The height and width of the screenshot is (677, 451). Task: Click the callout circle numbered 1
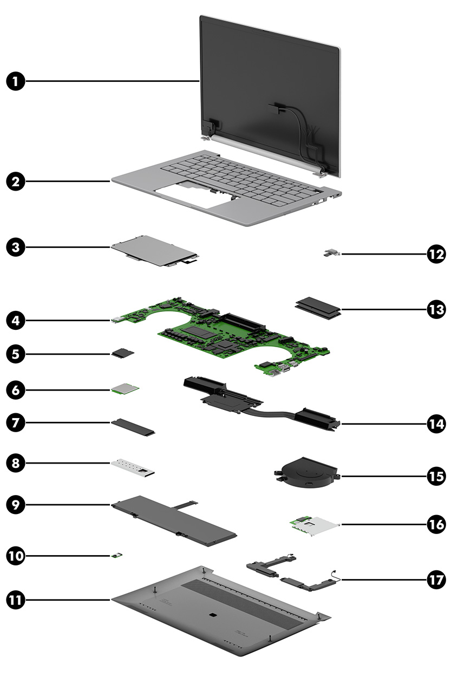click(x=16, y=82)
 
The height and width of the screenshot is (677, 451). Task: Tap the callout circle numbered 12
click(x=435, y=253)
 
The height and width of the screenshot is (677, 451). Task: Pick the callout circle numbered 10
click(x=16, y=555)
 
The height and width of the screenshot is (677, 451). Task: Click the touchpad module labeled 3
click(x=154, y=251)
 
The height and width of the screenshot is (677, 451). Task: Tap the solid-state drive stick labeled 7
click(x=133, y=425)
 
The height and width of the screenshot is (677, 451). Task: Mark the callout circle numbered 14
click(x=435, y=424)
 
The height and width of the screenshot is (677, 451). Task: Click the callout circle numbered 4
click(x=16, y=320)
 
